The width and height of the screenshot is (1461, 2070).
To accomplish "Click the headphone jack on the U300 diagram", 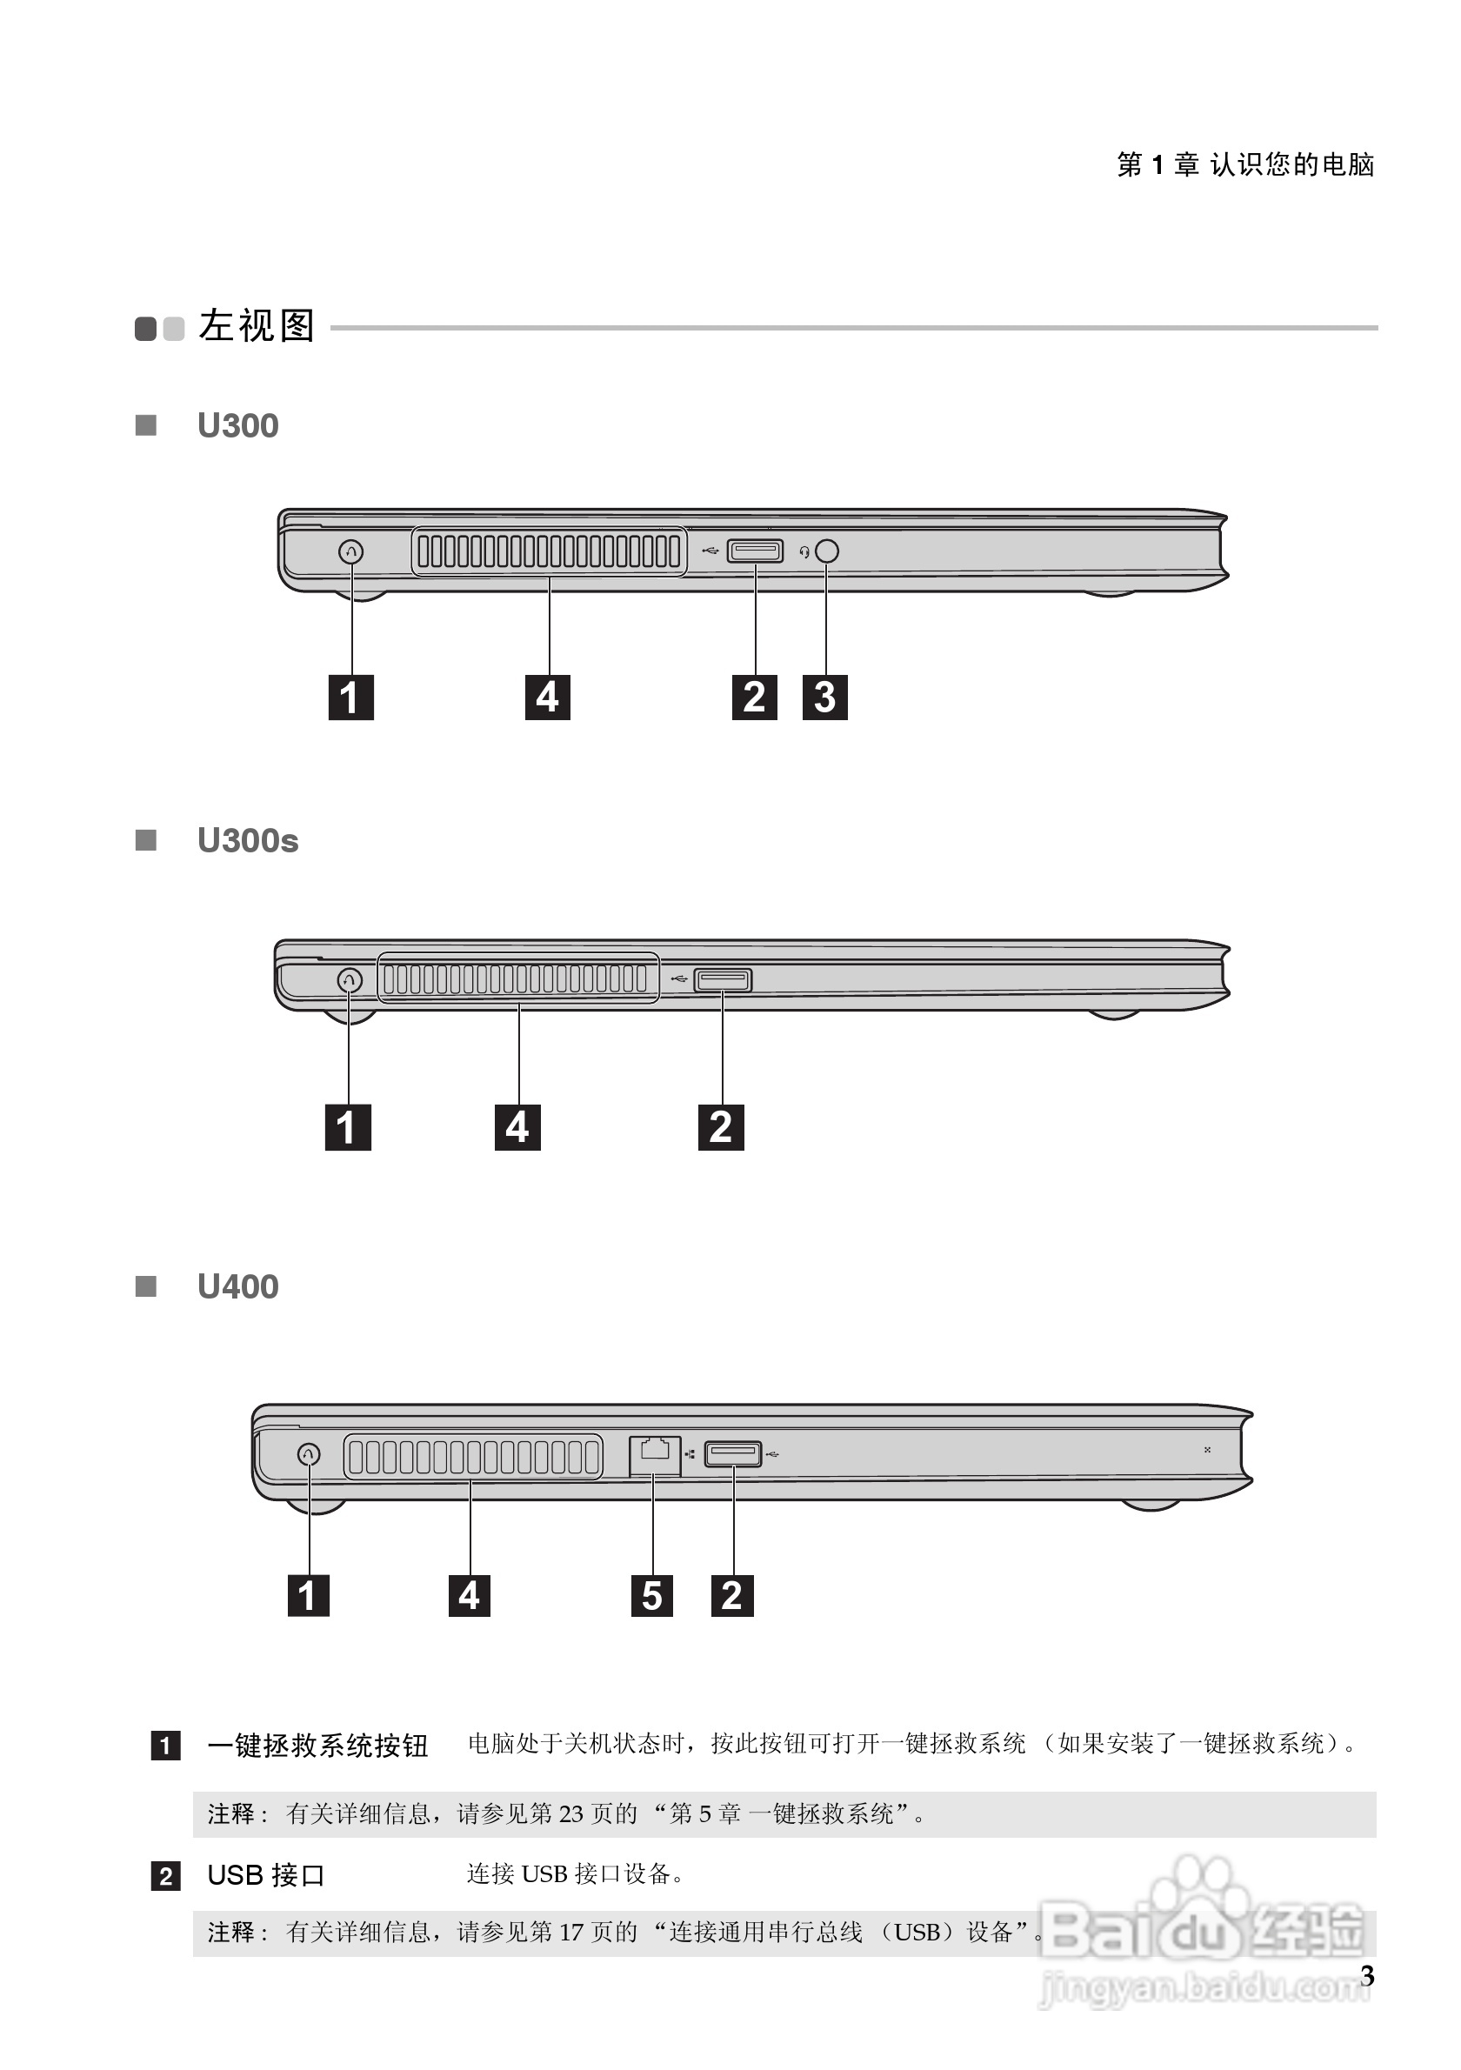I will pos(826,551).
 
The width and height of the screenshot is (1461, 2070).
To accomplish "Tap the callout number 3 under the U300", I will pos(824,697).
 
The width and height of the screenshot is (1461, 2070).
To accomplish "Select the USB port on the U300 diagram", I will pos(756,550).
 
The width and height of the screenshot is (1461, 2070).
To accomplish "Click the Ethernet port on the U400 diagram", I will pos(654,1455).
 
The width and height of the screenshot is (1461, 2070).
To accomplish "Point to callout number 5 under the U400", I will pos(651,1595).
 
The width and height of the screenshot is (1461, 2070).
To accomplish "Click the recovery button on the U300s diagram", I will pos(350,979).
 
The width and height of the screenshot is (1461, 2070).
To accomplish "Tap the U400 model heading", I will pos(238,1286).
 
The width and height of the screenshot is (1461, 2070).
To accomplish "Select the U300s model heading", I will pos(248,840).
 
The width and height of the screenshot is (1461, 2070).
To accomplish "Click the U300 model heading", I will pos(238,425).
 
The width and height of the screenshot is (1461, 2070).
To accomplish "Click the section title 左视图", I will pos(257,326).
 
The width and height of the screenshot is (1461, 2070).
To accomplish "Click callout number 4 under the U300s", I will pos(517,1127).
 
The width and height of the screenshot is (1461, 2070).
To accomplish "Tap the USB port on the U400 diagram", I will pos(733,1453).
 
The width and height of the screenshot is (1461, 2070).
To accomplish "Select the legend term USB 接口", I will pos(266,1875).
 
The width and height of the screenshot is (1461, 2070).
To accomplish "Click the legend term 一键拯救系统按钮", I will pos(317,1746).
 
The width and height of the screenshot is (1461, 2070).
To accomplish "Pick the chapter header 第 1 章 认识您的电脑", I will pos(1245,164).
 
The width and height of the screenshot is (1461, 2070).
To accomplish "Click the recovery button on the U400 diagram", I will pos(308,1453).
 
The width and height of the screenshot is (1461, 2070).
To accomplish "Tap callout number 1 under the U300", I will pos(350,697).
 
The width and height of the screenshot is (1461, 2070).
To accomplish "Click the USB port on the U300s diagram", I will pos(723,979).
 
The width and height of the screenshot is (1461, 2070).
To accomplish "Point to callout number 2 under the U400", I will pos(732,1595).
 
